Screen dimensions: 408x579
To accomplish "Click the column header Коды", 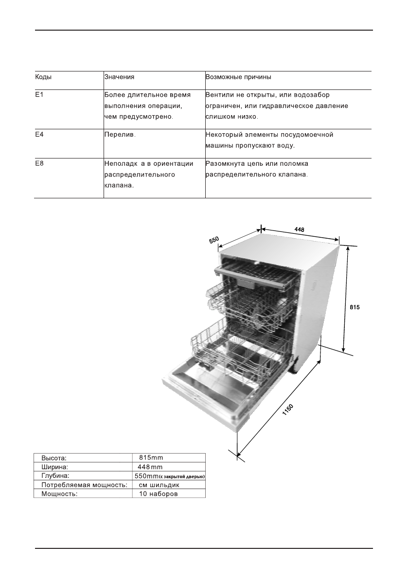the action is point(43,77).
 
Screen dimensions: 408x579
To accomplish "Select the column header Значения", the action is point(119,77).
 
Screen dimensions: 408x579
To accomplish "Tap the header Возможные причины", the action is point(238,77).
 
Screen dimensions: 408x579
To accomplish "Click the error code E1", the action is point(39,95).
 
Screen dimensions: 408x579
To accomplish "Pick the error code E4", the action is point(39,134).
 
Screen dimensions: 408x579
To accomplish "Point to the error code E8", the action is point(39,164).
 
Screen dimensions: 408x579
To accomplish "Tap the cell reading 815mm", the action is point(151,457).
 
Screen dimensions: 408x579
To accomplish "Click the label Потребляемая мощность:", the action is point(84,485).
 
